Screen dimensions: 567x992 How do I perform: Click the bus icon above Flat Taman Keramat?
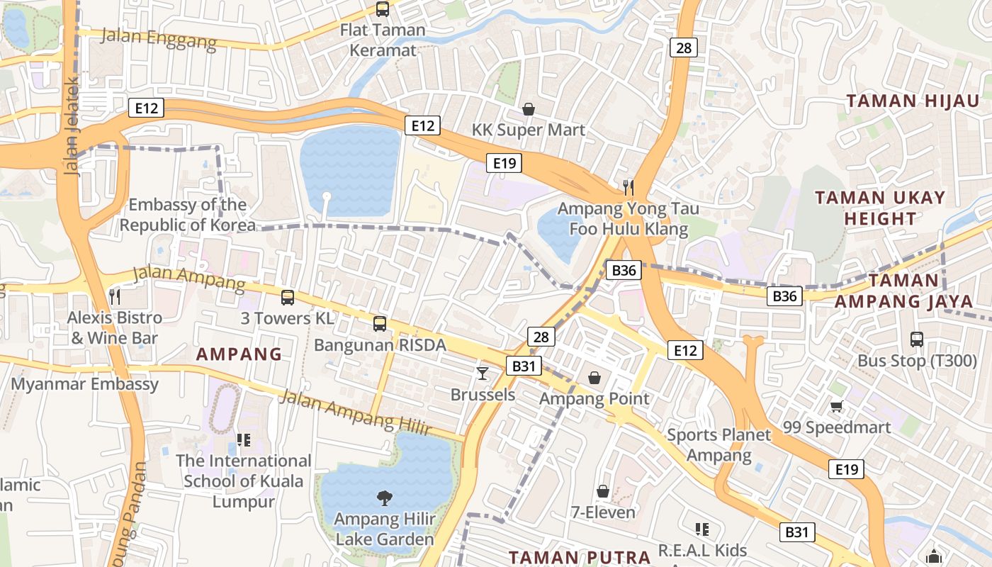point(383,9)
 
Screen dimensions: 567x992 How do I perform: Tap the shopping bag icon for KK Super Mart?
point(528,109)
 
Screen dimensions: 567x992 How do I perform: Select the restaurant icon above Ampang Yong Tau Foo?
point(628,187)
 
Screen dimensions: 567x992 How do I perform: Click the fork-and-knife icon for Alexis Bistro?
point(115,296)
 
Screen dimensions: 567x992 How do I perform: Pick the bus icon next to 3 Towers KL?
point(288,298)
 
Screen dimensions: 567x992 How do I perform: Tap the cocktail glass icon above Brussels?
point(483,373)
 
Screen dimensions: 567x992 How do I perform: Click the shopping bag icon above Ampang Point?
point(594,378)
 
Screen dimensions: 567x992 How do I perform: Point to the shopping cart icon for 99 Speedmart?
point(836,407)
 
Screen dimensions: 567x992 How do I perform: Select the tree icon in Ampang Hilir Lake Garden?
point(384,498)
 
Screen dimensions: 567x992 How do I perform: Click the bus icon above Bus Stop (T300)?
point(917,339)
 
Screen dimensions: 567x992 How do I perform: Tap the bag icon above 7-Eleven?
point(603,491)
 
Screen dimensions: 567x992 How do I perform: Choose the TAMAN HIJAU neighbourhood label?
point(913,101)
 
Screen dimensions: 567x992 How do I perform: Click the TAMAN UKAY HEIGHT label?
point(880,208)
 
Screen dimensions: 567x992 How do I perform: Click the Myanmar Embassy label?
point(85,384)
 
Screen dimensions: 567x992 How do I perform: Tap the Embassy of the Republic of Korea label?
point(187,215)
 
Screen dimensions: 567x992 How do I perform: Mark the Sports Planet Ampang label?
point(718,445)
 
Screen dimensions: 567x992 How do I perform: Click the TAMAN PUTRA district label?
point(579,557)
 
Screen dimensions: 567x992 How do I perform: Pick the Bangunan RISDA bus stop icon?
point(380,324)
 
